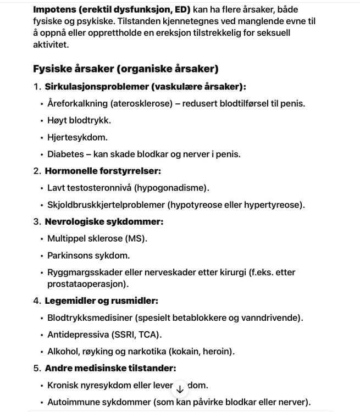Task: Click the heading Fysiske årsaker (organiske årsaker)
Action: [x=125, y=69]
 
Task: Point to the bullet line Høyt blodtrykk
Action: [x=79, y=120]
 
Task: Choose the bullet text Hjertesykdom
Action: [x=77, y=137]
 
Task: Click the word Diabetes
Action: [x=65, y=154]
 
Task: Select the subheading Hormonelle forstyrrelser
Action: [x=103, y=171]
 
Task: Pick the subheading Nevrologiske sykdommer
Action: [x=104, y=222]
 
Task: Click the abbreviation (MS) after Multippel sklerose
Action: [x=136, y=239]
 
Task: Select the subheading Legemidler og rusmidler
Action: [x=101, y=300]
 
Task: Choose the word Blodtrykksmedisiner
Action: [x=91, y=318]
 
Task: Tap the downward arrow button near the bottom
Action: [x=180, y=389]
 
